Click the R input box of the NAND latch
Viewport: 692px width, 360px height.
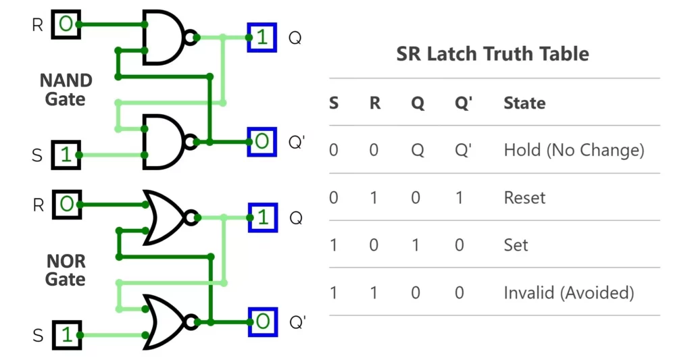(66, 25)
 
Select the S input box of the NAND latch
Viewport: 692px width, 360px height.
(66, 155)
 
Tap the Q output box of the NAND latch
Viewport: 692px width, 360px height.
(262, 38)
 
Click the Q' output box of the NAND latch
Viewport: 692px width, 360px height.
(262, 142)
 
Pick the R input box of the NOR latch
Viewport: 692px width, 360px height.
(66, 205)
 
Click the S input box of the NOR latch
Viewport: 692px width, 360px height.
(66, 335)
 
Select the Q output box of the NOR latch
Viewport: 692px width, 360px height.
(262, 217)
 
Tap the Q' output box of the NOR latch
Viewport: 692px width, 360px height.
(262, 322)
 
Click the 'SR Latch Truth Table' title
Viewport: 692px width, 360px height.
(493, 54)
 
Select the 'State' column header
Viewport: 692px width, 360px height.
(524, 103)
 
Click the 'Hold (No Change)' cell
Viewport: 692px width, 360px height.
(574, 150)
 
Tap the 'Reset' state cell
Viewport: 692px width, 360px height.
(524, 198)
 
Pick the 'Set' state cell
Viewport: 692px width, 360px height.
(516, 245)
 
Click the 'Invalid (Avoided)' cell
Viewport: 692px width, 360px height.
(568, 292)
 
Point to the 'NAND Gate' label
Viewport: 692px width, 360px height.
(66, 90)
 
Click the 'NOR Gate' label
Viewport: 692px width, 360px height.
(66, 269)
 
